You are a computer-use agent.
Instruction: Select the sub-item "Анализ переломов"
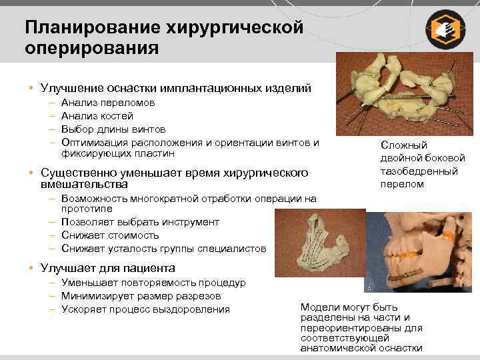(x=107, y=103)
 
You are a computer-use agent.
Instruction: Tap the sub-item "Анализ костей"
(x=97, y=116)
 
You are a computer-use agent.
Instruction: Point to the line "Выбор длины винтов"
(x=113, y=129)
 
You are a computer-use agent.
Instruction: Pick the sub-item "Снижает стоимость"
(x=109, y=235)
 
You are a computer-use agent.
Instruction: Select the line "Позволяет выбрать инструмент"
(x=139, y=222)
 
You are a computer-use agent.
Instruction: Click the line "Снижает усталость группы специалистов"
(x=163, y=249)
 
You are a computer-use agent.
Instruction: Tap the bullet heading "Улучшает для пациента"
(x=107, y=268)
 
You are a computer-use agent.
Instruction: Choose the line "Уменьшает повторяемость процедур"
(x=153, y=283)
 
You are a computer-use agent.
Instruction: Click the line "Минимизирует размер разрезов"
(x=141, y=296)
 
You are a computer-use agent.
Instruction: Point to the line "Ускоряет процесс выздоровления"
(x=145, y=309)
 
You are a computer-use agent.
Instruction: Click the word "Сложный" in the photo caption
(x=403, y=145)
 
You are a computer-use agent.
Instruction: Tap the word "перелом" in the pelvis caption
(x=402, y=184)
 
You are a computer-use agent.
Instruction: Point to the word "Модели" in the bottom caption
(x=321, y=307)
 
